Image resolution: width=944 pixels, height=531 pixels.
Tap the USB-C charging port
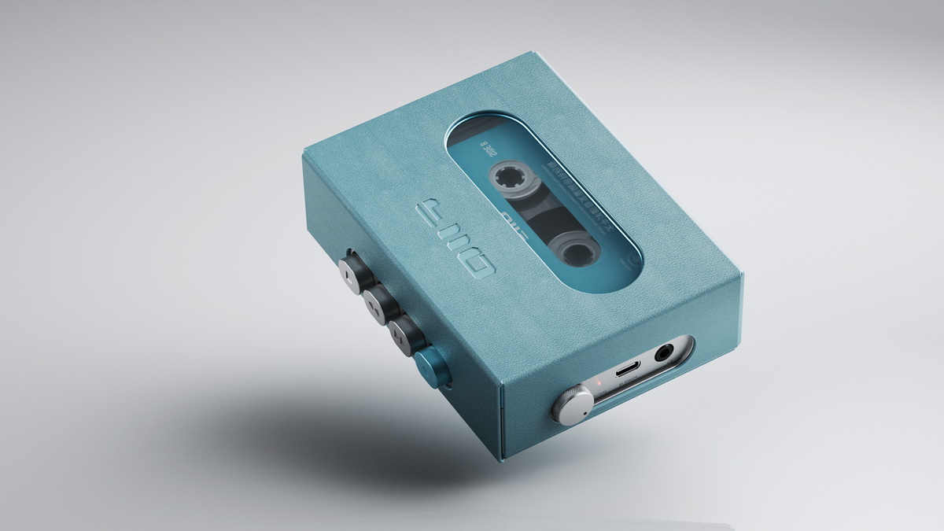[x=627, y=369]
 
